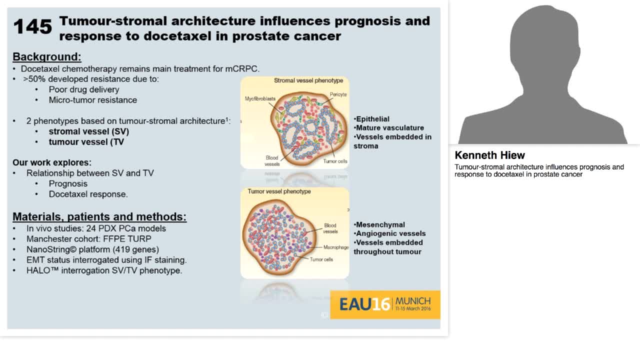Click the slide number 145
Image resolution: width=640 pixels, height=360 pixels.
tap(32, 26)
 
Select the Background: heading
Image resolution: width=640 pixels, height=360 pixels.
tap(46, 56)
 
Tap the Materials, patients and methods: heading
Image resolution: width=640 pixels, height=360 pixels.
tap(99, 216)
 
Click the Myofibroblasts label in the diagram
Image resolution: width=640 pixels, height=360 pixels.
tap(260, 99)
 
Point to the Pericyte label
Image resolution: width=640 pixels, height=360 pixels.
tap(338, 94)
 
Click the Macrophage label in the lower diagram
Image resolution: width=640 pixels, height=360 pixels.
tap(335, 247)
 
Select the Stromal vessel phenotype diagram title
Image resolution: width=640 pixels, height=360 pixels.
tap(308, 80)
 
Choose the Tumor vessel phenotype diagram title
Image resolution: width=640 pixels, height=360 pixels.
tap(279, 191)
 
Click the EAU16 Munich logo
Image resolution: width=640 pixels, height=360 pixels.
tap(384, 304)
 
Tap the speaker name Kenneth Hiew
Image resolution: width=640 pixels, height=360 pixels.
tap(489, 155)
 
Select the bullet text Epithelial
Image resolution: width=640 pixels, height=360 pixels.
tap(372, 119)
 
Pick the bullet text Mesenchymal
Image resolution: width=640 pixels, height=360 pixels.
tap(380, 224)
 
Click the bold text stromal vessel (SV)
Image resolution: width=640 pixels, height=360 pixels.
tap(88, 131)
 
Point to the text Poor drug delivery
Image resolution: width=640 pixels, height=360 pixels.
tap(83, 89)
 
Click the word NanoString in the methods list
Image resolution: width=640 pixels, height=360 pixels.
tap(49, 249)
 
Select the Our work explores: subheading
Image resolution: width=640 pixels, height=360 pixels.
tap(52, 162)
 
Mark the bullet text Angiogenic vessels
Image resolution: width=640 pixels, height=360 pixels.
tap(390, 233)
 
